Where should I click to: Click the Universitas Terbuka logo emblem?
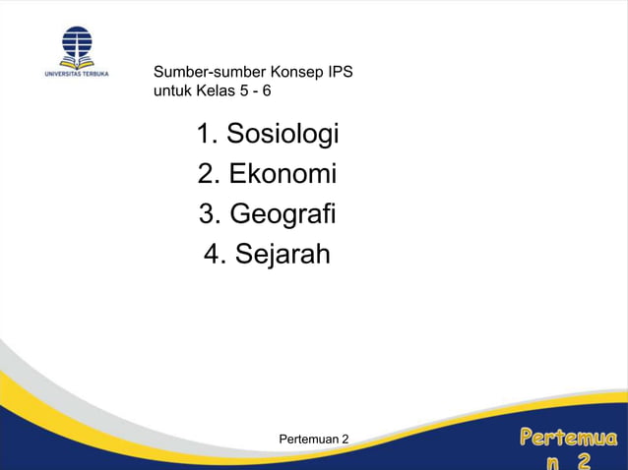77,41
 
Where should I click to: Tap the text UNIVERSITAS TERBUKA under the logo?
77,73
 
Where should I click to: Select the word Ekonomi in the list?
283,174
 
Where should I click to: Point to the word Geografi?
283,214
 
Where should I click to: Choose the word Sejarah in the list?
283,255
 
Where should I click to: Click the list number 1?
205,134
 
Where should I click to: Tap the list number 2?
206,174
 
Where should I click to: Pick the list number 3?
207,214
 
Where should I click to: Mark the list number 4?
213,255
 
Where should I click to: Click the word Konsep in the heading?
297,72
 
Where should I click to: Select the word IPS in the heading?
341,72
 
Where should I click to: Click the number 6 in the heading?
266,90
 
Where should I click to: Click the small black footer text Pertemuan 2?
314,437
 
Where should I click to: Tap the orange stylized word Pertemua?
569,436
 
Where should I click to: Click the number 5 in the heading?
245,90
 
